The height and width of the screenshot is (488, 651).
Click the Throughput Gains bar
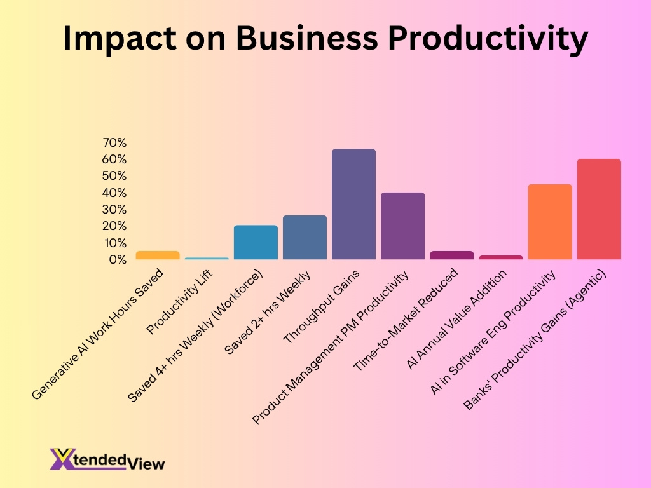pyautogui.click(x=353, y=204)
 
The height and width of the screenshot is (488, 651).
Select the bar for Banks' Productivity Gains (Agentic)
pyautogui.click(x=599, y=209)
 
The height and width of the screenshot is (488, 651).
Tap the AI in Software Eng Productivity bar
pyautogui.click(x=550, y=222)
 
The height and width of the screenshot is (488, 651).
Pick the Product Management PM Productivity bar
pyautogui.click(x=402, y=226)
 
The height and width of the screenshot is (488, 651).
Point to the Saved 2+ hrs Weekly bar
pyautogui.click(x=305, y=237)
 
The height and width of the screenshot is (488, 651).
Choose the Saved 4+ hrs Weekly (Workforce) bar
pyautogui.click(x=256, y=242)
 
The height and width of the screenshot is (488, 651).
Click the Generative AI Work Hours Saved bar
pyautogui.click(x=158, y=255)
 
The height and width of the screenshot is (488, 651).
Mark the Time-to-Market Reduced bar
pyautogui.click(x=451, y=255)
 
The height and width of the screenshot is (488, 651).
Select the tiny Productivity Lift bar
pyautogui.click(x=207, y=258)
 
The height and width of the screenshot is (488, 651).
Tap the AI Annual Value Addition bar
pyautogui.click(x=501, y=257)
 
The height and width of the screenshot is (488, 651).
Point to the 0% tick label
pyautogui.click(x=117, y=260)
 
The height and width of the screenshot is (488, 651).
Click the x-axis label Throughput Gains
pyautogui.click(x=321, y=307)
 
